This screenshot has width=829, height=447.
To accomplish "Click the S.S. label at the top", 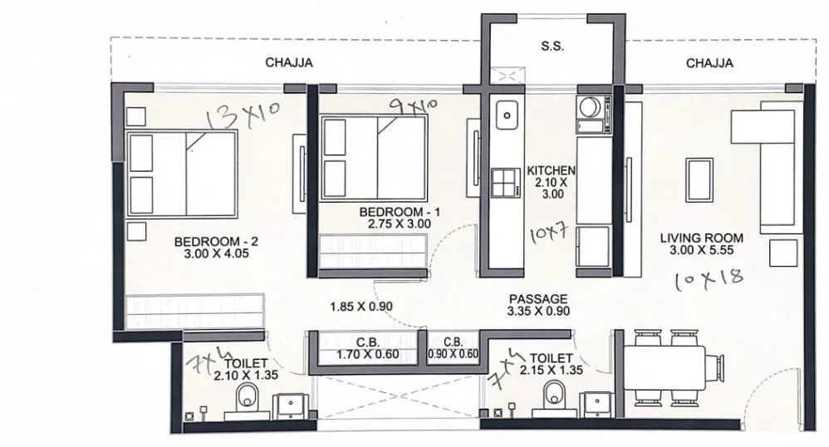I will click(552, 47).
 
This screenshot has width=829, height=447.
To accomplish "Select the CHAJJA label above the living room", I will click(709, 62).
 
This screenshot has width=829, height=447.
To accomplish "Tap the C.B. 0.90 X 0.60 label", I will click(453, 348).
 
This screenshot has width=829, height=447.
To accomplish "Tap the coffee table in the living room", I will click(697, 178).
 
